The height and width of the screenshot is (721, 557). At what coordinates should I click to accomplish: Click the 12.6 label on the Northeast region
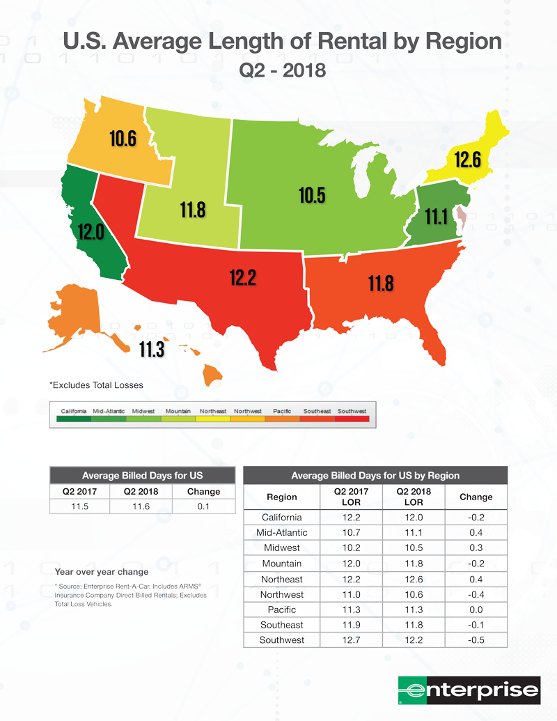click(x=468, y=160)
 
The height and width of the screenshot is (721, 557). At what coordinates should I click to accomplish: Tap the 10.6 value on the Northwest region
click(x=123, y=138)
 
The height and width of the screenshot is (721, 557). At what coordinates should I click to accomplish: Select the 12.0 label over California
click(x=91, y=231)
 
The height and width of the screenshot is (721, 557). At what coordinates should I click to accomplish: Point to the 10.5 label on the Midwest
click(x=312, y=196)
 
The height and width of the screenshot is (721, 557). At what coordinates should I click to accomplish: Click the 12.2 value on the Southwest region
click(x=243, y=278)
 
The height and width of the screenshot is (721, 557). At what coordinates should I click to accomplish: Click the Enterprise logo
click(x=469, y=690)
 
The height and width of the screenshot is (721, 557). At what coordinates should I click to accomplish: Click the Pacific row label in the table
click(x=282, y=610)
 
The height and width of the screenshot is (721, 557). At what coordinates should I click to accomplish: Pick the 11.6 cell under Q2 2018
click(x=141, y=506)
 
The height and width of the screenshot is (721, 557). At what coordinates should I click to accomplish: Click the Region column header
click(x=282, y=497)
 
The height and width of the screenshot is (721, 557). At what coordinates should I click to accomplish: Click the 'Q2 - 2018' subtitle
click(x=282, y=70)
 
